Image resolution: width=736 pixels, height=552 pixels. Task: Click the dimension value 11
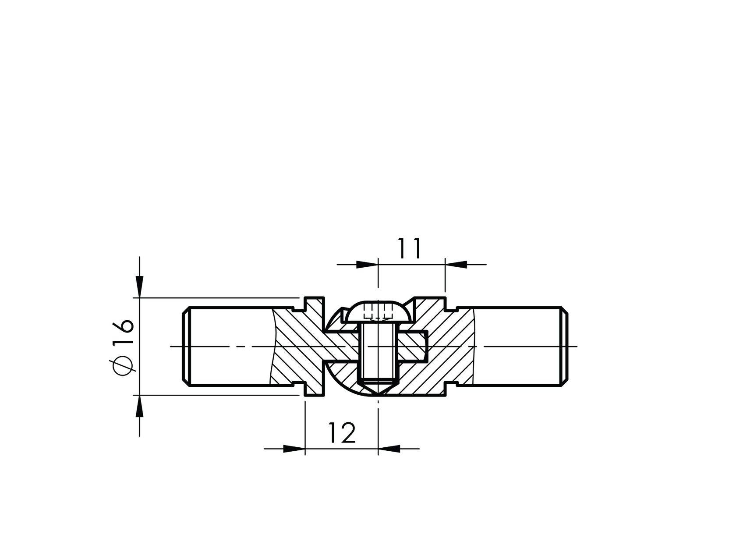[x=410, y=248]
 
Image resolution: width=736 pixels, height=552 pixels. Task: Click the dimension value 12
[x=341, y=433]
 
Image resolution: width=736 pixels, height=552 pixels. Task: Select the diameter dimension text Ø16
[x=123, y=346]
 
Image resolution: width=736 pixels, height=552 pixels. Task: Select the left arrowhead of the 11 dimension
[x=367, y=265]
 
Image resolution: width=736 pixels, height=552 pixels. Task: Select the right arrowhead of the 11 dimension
[x=456, y=265]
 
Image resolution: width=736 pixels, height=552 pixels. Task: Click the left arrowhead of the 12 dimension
[x=294, y=449]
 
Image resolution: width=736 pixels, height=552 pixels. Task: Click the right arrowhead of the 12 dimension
[x=389, y=449]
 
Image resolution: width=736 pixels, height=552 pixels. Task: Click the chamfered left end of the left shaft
[x=186, y=346]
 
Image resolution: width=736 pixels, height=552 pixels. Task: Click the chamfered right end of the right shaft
[x=565, y=346]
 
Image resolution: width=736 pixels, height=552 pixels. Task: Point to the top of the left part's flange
[x=314, y=298]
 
